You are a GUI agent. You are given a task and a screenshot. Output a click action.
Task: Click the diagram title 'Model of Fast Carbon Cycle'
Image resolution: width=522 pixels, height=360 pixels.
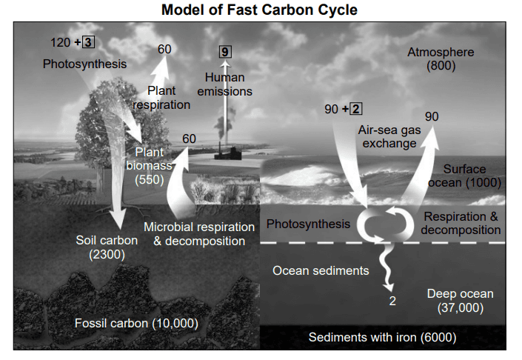pos(259,10)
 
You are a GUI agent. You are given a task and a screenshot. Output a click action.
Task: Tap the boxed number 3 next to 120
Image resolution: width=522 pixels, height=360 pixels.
pos(88,42)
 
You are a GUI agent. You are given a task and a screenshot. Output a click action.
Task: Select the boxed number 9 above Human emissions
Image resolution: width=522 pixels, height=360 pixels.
pos(225,52)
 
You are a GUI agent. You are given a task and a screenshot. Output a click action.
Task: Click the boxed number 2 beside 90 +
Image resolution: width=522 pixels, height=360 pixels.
pos(356,109)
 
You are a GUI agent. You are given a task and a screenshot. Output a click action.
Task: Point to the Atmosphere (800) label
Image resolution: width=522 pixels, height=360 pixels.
pos(441,59)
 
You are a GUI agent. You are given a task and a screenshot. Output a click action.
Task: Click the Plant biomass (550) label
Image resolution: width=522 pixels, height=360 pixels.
pos(150,166)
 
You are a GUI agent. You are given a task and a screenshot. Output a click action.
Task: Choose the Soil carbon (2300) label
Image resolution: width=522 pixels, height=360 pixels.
pos(107,247)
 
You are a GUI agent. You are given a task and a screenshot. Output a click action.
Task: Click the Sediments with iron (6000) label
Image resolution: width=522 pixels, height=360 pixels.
pos(383,337)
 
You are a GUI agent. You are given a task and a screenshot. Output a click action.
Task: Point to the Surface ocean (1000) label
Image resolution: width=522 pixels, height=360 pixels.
pos(465,176)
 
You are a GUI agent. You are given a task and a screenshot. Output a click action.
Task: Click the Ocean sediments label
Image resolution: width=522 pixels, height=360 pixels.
pos(321,270)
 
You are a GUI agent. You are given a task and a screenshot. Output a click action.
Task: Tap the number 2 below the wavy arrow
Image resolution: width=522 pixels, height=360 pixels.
pos(392,301)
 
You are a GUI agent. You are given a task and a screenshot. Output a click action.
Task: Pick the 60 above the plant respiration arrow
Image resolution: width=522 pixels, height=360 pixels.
pos(164,50)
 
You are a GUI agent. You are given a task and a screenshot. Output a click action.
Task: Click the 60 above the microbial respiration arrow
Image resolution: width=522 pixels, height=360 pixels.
pos(189,139)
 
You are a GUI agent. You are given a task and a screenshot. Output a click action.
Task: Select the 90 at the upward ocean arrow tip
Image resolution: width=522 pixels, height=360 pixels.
pos(432,116)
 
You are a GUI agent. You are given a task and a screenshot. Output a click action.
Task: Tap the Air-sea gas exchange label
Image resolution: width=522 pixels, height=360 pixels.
pos(389,136)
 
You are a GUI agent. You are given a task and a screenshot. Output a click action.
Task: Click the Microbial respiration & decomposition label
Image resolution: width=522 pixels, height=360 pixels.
pos(199,234)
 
